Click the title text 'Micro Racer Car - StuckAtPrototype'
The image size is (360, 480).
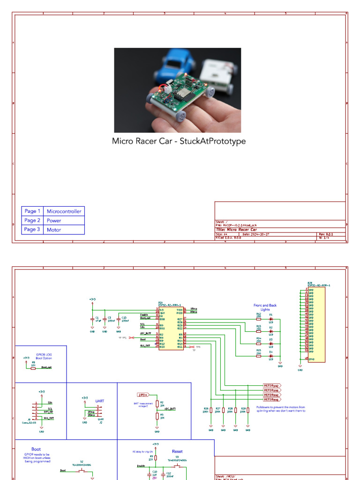[179, 141]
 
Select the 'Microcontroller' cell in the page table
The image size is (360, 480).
[64, 211]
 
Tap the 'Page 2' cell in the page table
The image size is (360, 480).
[32, 220]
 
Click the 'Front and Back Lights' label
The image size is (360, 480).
[265, 307]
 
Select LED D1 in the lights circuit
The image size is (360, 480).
[270, 319]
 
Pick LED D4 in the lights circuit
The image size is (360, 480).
[270, 356]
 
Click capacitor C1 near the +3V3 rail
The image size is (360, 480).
[92, 319]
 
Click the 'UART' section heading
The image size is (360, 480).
[100, 401]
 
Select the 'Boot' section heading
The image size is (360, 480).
[36, 449]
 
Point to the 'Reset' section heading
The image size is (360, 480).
[177, 451]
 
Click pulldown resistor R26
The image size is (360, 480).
[211, 410]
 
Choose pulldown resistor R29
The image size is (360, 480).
[248, 410]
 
